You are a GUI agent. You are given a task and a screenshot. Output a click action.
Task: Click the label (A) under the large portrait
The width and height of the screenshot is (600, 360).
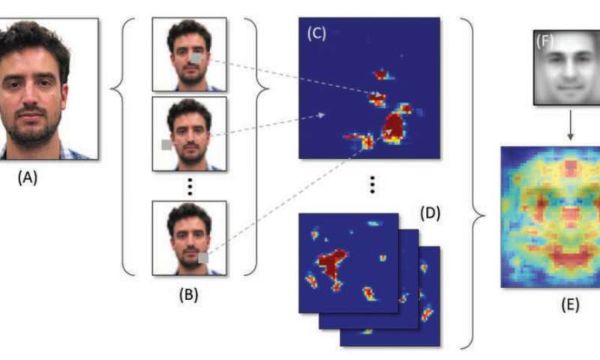(28, 178)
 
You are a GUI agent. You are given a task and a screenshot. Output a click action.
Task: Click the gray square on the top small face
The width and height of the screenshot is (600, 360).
(196, 58)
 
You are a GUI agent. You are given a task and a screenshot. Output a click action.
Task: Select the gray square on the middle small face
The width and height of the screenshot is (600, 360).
(167, 145)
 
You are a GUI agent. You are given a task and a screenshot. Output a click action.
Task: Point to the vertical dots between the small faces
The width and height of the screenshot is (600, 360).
(188, 184)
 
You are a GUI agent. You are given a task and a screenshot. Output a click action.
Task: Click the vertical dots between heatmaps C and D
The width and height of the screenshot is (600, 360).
(370, 184)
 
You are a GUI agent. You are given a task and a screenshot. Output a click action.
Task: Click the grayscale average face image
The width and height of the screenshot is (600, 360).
(568, 67)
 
